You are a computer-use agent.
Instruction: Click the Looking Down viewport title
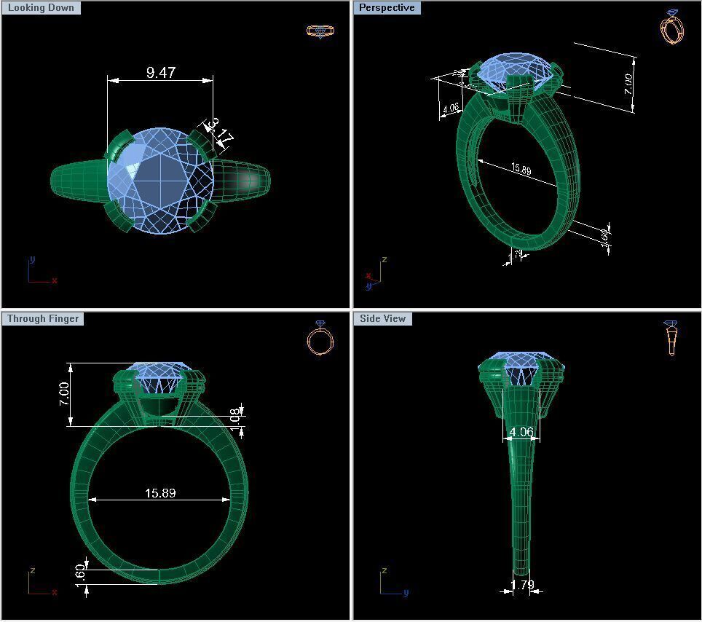(x=41, y=8)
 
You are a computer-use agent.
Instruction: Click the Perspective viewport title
(x=387, y=8)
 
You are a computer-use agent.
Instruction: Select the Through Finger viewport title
(x=43, y=319)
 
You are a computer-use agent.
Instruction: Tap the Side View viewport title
(x=382, y=319)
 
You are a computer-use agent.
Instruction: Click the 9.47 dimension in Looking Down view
(x=160, y=72)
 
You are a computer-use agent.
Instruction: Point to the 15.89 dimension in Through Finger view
(x=160, y=493)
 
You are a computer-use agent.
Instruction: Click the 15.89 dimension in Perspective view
(x=521, y=169)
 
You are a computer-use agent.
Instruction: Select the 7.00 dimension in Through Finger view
(x=64, y=394)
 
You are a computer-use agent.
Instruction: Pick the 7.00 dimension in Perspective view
(x=628, y=84)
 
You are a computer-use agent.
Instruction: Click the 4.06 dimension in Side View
(x=521, y=432)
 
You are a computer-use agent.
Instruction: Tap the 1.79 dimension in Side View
(x=522, y=584)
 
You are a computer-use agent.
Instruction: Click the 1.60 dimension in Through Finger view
(x=81, y=573)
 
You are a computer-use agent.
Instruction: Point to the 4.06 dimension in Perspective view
(x=451, y=109)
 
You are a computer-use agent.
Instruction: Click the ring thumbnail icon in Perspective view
(x=671, y=27)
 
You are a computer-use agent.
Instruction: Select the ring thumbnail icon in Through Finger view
(x=320, y=339)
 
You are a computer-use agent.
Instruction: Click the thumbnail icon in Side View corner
(x=671, y=339)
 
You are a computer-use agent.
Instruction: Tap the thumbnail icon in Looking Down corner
(x=320, y=31)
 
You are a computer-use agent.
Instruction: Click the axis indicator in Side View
(x=392, y=583)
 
